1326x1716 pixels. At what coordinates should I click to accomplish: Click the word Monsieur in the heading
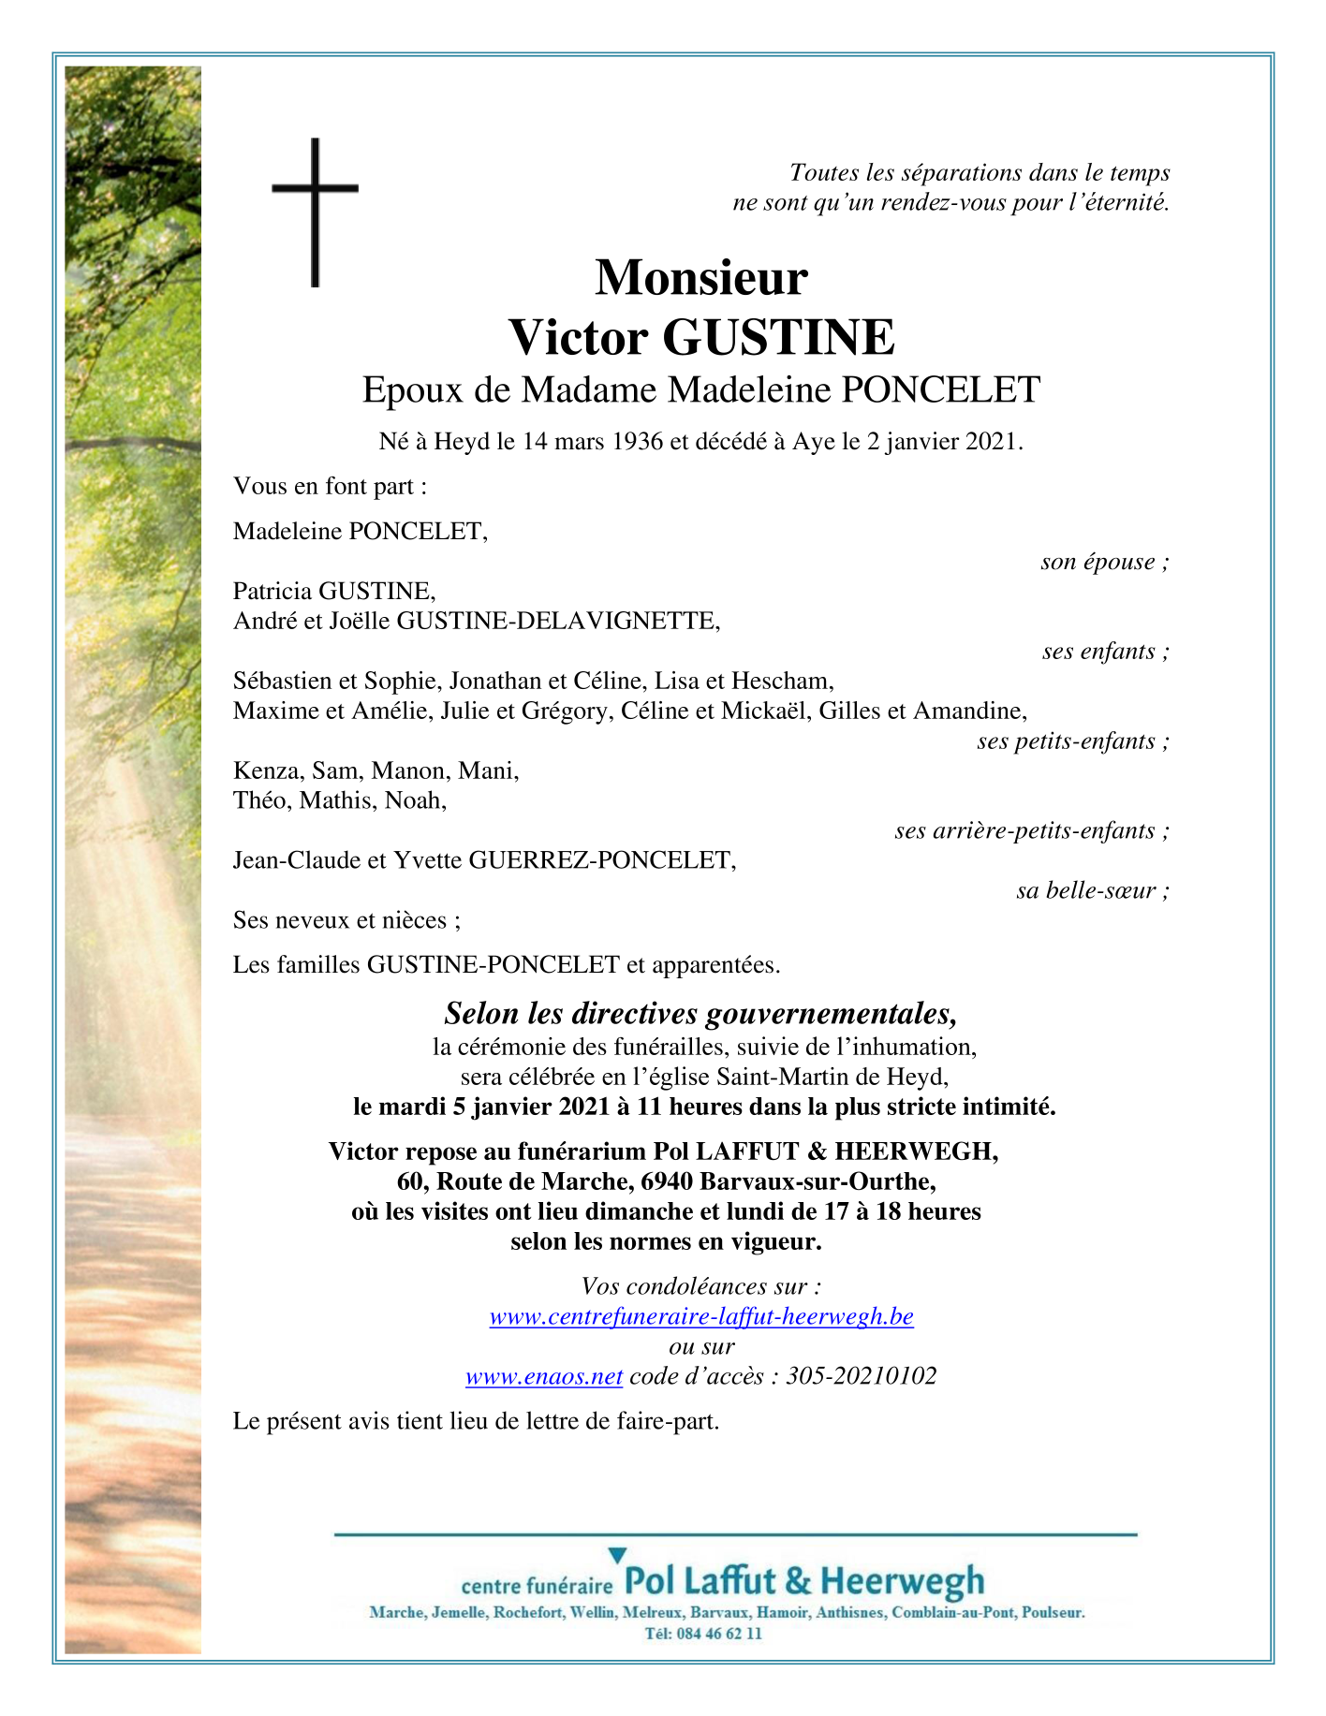[700, 277]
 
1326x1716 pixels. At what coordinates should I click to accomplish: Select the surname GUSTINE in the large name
[778, 337]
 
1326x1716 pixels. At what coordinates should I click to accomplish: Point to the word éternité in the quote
[1122, 202]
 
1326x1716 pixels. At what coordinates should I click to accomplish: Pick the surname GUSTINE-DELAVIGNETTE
[558, 621]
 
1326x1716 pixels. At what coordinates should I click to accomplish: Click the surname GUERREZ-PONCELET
[600, 860]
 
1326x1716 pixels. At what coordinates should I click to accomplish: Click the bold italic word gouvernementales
[832, 1014]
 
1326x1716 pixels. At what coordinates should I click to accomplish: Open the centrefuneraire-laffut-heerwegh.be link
[701, 1316]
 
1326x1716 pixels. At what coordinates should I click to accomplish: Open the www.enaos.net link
[544, 1376]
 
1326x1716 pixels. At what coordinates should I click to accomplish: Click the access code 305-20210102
[861, 1376]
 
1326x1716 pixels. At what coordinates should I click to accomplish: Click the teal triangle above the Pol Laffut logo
[616, 1555]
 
